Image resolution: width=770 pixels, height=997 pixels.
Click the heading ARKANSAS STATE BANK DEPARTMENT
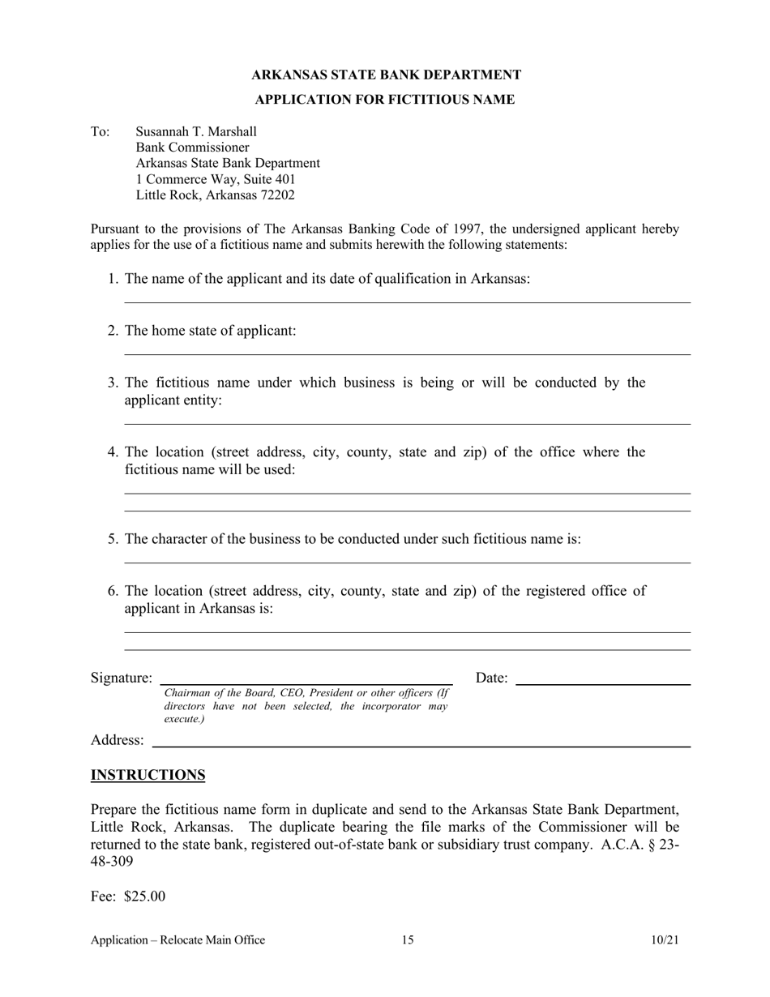(x=386, y=75)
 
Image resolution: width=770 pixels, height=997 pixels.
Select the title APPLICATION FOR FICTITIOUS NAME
(x=384, y=100)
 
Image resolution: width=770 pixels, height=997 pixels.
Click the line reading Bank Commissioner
(x=192, y=148)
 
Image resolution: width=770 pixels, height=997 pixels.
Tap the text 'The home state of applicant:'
(x=210, y=331)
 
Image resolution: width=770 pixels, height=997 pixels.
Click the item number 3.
(x=113, y=383)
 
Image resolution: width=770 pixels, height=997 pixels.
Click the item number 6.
(x=113, y=591)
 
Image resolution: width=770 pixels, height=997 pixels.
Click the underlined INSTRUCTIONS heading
(x=148, y=776)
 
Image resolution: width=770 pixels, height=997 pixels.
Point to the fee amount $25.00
(x=144, y=896)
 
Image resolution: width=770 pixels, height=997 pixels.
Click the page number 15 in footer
(x=407, y=940)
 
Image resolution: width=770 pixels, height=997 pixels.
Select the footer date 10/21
(x=665, y=940)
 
